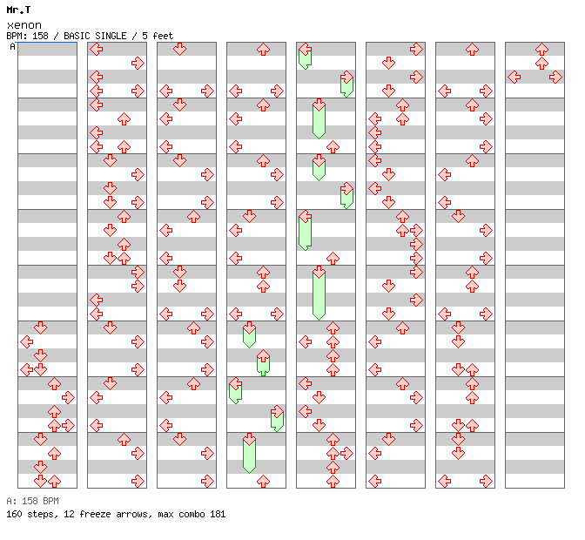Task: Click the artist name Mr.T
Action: coord(18,10)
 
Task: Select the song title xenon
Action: coord(24,25)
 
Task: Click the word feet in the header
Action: coord(162,37)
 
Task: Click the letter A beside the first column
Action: coord(13,46)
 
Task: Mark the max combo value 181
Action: coord(218,514)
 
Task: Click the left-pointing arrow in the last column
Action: coord(514,77)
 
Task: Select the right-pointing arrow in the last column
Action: coord(555,77)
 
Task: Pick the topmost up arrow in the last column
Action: coord(541,49)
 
